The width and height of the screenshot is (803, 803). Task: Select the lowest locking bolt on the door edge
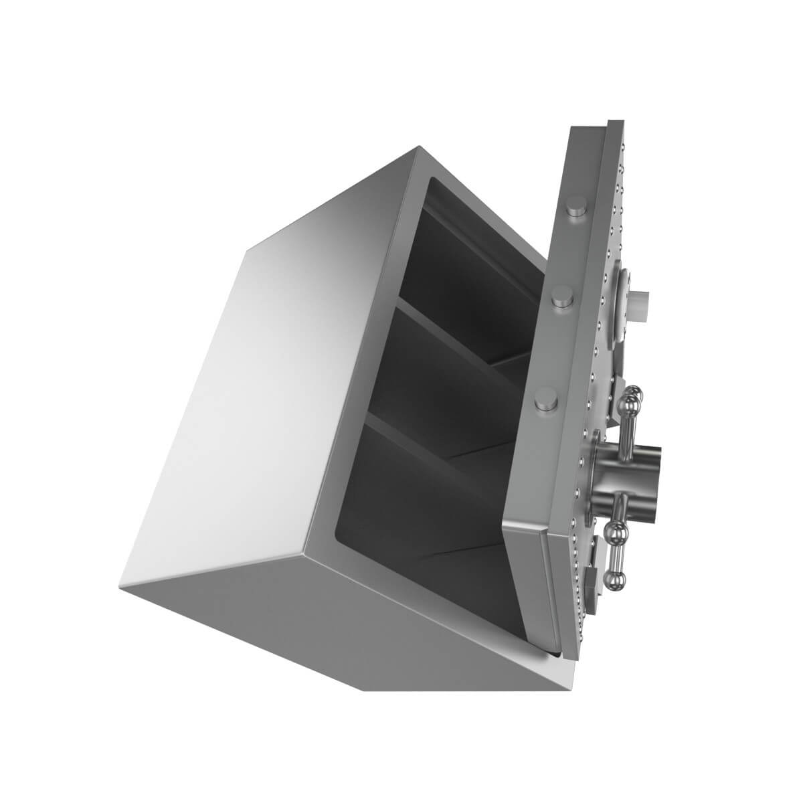click(547, 401)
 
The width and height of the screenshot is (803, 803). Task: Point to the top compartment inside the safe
click(468, 254)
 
